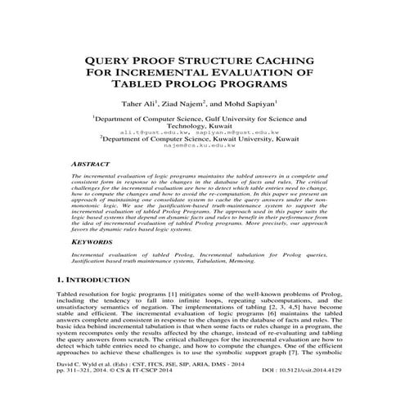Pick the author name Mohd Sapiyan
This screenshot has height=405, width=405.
pyautogui.click(x=255, y=104)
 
